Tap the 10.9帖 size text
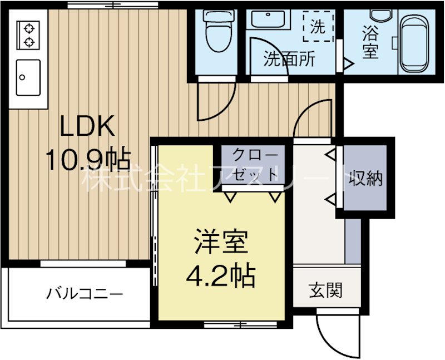click(87, 160)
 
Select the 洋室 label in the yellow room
click(220, 243)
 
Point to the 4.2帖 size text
click(220, 274)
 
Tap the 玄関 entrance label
click(325, 289)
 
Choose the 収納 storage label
click(366, 178)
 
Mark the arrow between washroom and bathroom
click(347, 64)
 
